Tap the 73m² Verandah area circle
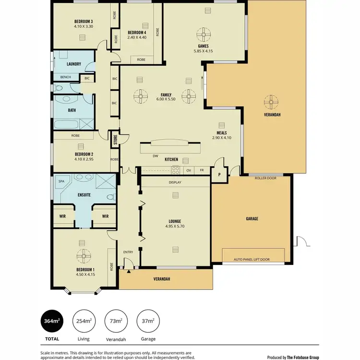coord(115,321)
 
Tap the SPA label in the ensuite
coord(61,181)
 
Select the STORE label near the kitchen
coord(115,140)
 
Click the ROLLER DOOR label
coord(265,178)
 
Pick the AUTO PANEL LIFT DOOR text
coord(252,259)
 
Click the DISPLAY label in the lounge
coord(175,182)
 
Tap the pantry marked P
coord(219,175)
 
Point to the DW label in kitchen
coord(155,156)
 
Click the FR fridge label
coord(202,170)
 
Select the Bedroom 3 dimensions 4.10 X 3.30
coord(83,27)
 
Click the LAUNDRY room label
coord(73,64)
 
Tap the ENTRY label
coord(128,252)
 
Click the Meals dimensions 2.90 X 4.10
coord(221,138)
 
